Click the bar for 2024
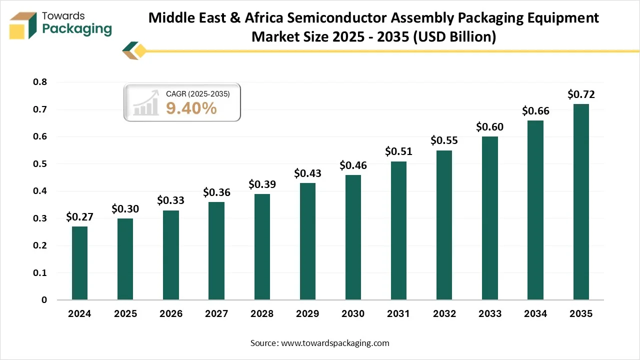pyautogui.click(x=79, y=263)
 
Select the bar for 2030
pyautogui.click(x=353, y=237)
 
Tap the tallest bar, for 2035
pyautogui.click(x=581, y=202)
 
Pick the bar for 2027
pyautogui.click(x=216, y=251)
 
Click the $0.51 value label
pyautogui.click(x=398, y=151)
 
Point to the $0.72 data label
pyautogui.click(x=581, y=94)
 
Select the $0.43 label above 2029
pyautogui.click(x=307, y=173)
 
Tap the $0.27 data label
pyautogui.click(x=79, y=216)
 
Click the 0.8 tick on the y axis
pyautogui.click(x=40, y=82)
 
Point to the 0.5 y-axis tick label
pyautogui.click(x=40, y=164)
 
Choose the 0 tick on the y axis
pyautogui.click(x=44, y=300)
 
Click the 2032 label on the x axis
pyautogui.click(x=444, y=314)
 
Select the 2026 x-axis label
pyautogui.click(x=170, y=314)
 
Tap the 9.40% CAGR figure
pyautogui.click(x=191, y=107)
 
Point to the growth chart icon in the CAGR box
pyautogui.click(x=145, y=103)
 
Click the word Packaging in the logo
pyautogui.click(x=77, y=28)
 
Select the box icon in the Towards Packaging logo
pyautogui.click(x=23, y=25)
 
